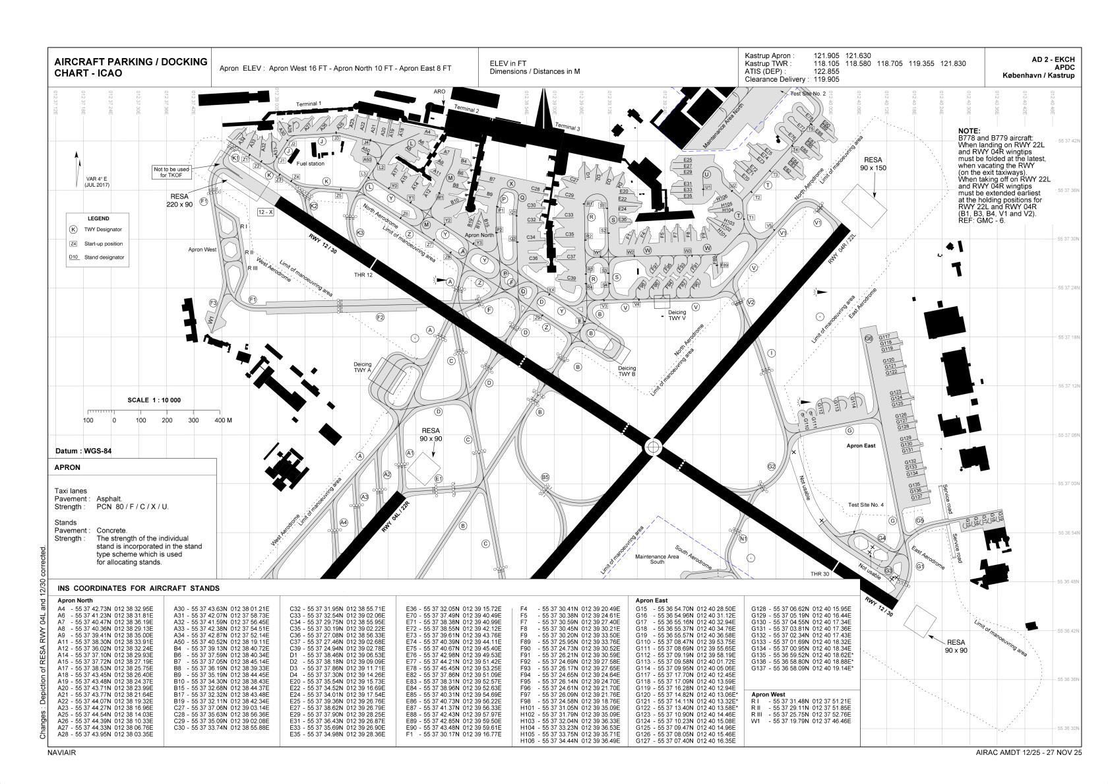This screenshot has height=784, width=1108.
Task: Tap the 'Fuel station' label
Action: coord(311,163)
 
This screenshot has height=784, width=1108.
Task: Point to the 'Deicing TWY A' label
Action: coord(363,368)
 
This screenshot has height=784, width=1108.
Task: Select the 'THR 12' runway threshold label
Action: coord(363,275)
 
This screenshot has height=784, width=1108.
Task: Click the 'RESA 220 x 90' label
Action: coord(179,201)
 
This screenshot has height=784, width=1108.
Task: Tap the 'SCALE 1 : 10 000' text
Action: coord(154,401)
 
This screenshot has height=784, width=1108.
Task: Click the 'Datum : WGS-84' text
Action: coord(80,451)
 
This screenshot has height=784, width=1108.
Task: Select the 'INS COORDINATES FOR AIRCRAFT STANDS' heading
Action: coord(138,588)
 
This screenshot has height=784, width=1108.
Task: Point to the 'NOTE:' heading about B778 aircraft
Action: coord(969,131)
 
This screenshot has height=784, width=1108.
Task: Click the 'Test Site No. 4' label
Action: coord(866,505)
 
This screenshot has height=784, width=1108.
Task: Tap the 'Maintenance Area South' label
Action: coord(657,559)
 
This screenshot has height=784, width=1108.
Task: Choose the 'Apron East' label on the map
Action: coord(861,446)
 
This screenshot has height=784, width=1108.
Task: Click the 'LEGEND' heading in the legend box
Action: coord(98,218)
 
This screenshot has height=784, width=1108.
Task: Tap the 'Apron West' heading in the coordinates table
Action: coord(768,694)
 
